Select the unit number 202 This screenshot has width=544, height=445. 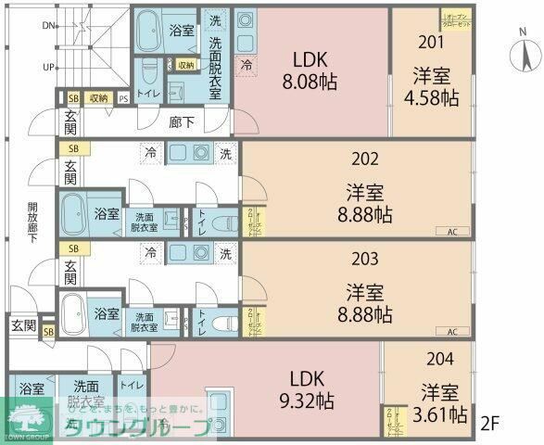point(365,159)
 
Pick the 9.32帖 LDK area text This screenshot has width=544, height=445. point(305,400)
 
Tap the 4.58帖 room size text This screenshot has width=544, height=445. point(431,96)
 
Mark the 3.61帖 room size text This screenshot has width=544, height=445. point(443,415)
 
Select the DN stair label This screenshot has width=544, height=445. point(47,25)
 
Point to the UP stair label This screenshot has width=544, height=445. point(47,67)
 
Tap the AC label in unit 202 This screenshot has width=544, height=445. point(452,232)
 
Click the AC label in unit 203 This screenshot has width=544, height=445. point(452,331)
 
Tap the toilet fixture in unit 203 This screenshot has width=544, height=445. point(219,322)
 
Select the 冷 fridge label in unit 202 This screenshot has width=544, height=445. point(149,152)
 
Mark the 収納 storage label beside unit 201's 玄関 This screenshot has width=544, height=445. point(98,97)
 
